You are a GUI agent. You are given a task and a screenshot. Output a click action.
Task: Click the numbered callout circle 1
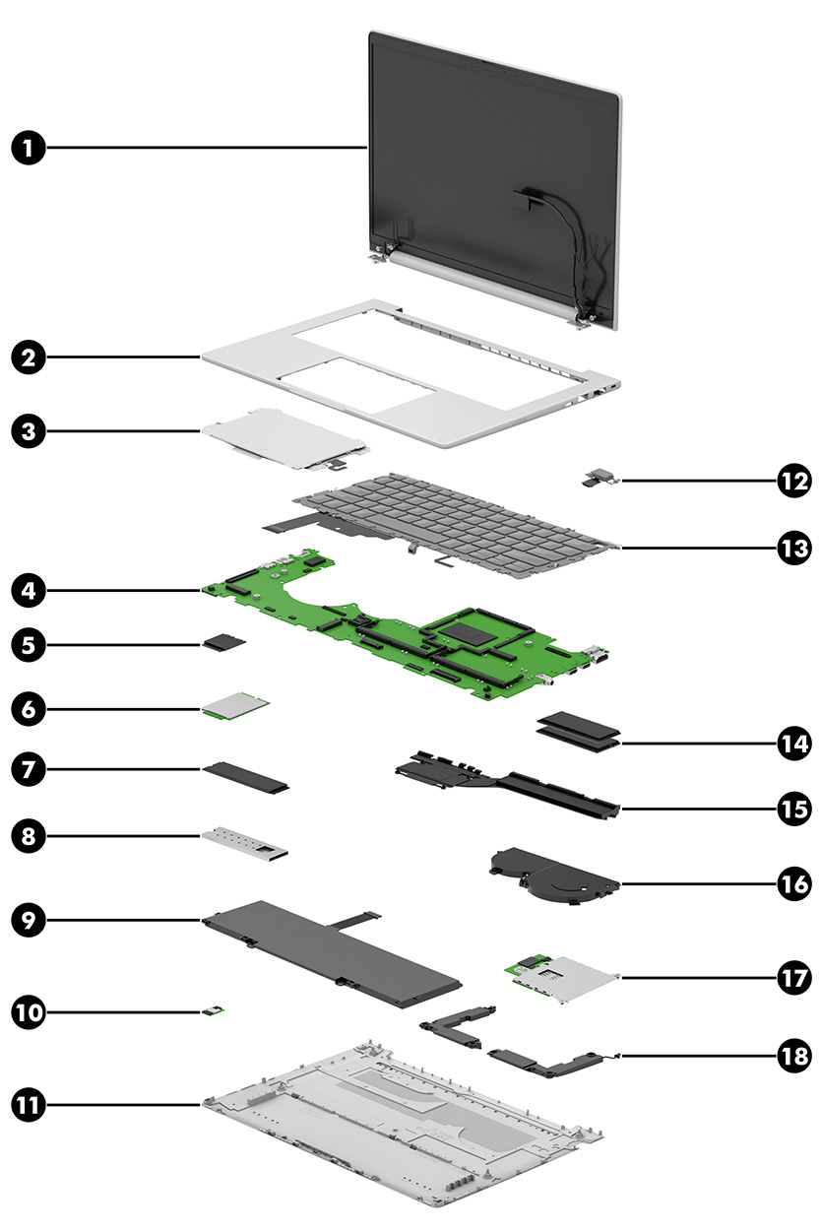[31, 149]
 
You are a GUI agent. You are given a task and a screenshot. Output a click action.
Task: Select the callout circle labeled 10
[31, 1010]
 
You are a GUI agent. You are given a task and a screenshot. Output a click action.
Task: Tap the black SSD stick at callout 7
[246, 776]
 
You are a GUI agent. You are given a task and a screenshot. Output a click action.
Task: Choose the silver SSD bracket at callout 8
[246, 842]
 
